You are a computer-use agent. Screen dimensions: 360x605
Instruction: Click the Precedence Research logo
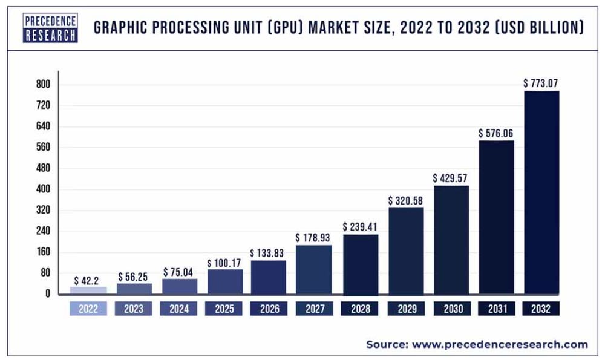(x=51, y=27)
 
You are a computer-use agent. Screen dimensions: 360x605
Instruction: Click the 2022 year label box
(x=88, y=309)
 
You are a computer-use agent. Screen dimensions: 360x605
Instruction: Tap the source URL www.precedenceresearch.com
(x=500, y=344)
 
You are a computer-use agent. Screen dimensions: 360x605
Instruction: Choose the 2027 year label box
(x=315, y=309)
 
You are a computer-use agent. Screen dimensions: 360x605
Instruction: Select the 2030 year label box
(x=451, y=309)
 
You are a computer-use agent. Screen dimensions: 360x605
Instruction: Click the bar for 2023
(x=134, y=288)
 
